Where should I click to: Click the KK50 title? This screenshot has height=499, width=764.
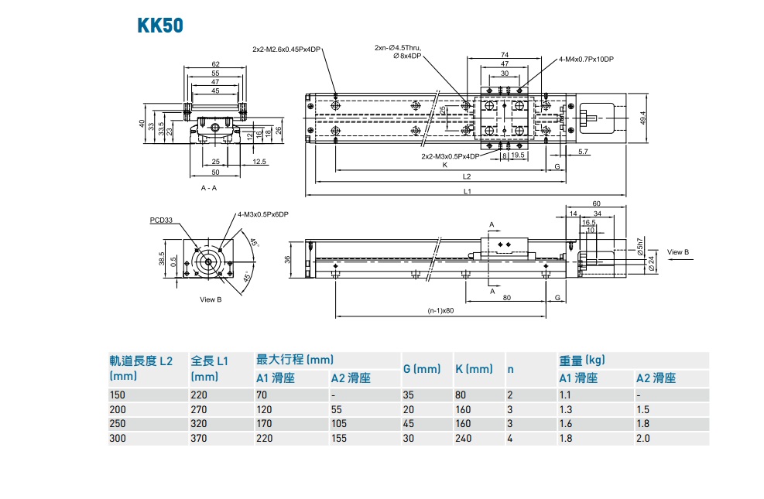tap(160, 26)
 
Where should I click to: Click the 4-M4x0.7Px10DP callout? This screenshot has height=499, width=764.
tap(586, 59)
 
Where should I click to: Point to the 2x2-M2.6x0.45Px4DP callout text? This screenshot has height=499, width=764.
tap(286, 49)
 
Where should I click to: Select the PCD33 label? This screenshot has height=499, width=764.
tap(161, 220)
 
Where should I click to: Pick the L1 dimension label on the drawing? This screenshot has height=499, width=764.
tap(467, 191)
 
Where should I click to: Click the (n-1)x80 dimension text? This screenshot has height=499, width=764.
tap(440, 312)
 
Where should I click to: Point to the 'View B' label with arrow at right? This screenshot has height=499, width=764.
tap(678, 252)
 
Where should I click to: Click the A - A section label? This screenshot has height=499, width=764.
tap(208, 188)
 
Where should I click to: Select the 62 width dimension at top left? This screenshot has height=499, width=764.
tap(215, 64)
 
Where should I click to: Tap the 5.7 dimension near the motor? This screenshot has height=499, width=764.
tap(583, 151)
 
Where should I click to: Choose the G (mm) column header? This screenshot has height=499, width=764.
tap(422, 369)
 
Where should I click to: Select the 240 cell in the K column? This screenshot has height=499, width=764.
tap(464, 438)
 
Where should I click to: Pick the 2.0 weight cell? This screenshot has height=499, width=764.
tap(643, 438)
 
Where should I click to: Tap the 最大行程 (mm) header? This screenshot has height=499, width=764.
tap(294, 360)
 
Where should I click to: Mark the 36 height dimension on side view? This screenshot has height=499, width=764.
tap(288, 259)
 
